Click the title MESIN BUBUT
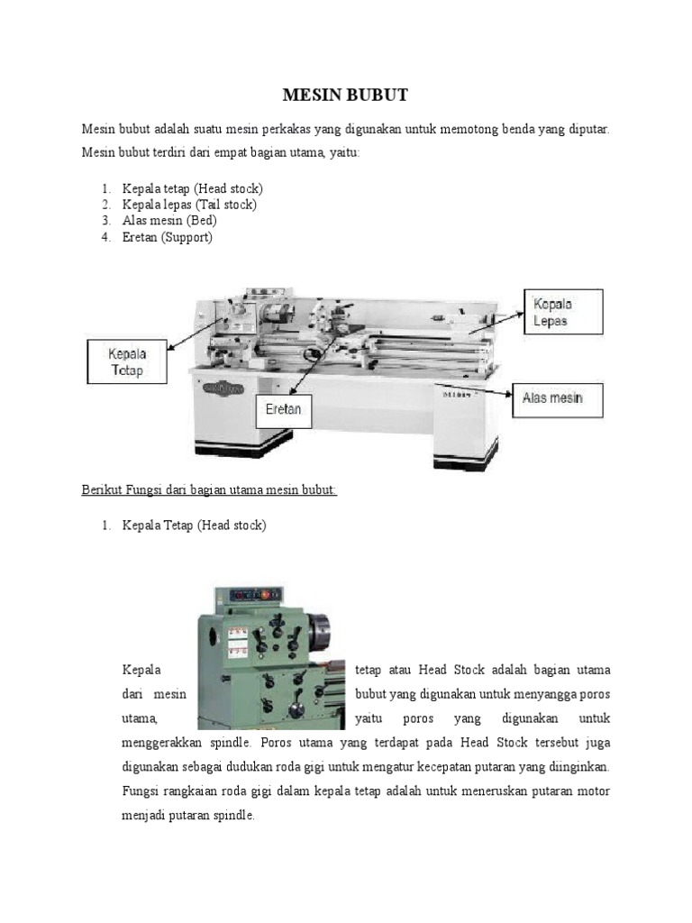pyautogui.click(x=346, y=96)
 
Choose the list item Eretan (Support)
pyautogui.click(x=168, y=237)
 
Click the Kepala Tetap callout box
pyautogui.click(x=126, y=361)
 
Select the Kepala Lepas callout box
pyautogui.click(x=564, y=312)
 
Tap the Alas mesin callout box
pyautogui.click(x=559, y=398)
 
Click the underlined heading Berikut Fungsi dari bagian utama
pyautogui.click(x=209, y=489)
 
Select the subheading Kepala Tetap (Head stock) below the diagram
pyautogui.click(x=194, y=525)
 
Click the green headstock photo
pyautogui.click(x=270, y=658)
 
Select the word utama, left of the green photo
pyautogui.click(x=141, y=719)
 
